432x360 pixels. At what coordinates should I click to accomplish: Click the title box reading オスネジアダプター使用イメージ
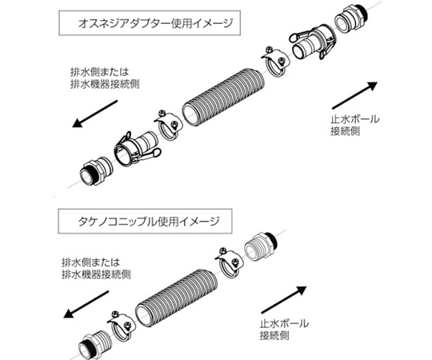pos(150,23)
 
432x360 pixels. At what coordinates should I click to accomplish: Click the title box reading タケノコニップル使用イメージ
pos(145,221)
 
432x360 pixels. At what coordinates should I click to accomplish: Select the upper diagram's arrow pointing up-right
pos(354,95)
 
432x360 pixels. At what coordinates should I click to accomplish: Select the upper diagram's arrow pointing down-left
pos(94,114)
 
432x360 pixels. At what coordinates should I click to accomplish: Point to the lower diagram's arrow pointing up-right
pos(284,300)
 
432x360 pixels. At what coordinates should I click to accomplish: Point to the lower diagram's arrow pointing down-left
pos(86,304)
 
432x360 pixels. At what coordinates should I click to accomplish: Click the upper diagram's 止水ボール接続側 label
pos(355,125)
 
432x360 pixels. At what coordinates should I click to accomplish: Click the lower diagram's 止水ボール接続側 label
pos(284,329)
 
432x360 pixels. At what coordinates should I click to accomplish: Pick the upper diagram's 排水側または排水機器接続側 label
pos(105,78)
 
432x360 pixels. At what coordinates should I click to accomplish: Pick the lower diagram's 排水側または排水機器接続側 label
pos(96,268)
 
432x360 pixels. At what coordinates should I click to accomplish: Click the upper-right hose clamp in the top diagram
pos(275,62)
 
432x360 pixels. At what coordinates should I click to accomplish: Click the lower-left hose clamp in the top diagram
pos(168,126)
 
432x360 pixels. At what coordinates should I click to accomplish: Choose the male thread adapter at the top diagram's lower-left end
pos(96,170)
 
